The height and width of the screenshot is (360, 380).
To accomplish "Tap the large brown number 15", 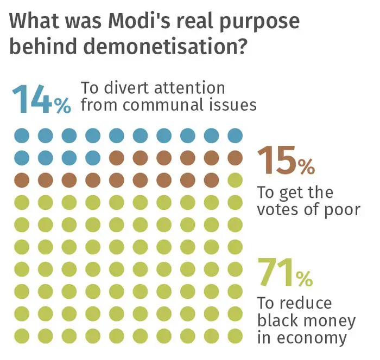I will pos(277,160).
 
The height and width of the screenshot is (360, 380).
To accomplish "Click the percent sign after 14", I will pos(62,106).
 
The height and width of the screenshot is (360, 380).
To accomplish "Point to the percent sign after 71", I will pos(304,279).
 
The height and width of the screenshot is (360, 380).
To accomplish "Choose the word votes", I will pos(282,209).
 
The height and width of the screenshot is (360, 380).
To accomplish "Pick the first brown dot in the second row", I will pos(116,158).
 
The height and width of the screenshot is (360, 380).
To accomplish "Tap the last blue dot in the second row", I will pos(92,158).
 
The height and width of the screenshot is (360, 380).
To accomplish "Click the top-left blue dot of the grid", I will pos(21,135).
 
